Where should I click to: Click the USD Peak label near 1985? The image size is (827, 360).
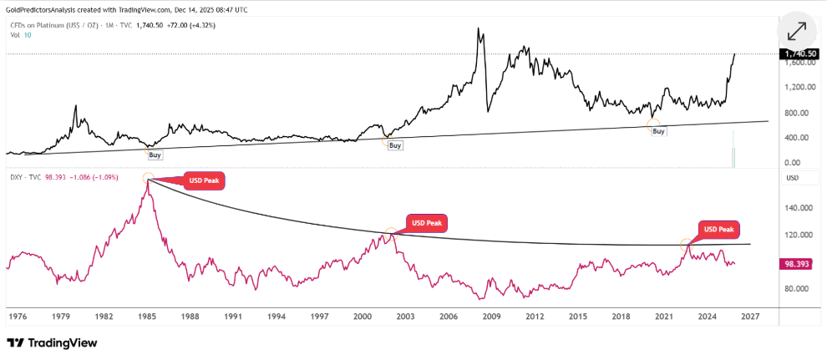205,181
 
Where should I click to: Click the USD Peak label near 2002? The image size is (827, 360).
427,223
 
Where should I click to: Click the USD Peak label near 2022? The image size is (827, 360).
719,230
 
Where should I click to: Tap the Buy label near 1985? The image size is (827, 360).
155,155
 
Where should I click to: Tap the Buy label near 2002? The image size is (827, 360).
395,145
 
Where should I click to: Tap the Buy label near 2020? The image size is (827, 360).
658,131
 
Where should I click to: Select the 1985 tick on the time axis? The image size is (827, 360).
148,317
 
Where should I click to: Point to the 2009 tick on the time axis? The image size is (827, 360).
491,317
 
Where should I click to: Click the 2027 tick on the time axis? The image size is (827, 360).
749,317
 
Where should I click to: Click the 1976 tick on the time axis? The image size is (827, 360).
18,317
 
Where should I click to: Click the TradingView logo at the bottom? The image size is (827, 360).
52,342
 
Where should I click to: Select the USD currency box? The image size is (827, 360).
793,178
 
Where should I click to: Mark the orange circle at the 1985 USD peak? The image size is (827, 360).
148,178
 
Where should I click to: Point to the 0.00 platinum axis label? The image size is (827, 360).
794,163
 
